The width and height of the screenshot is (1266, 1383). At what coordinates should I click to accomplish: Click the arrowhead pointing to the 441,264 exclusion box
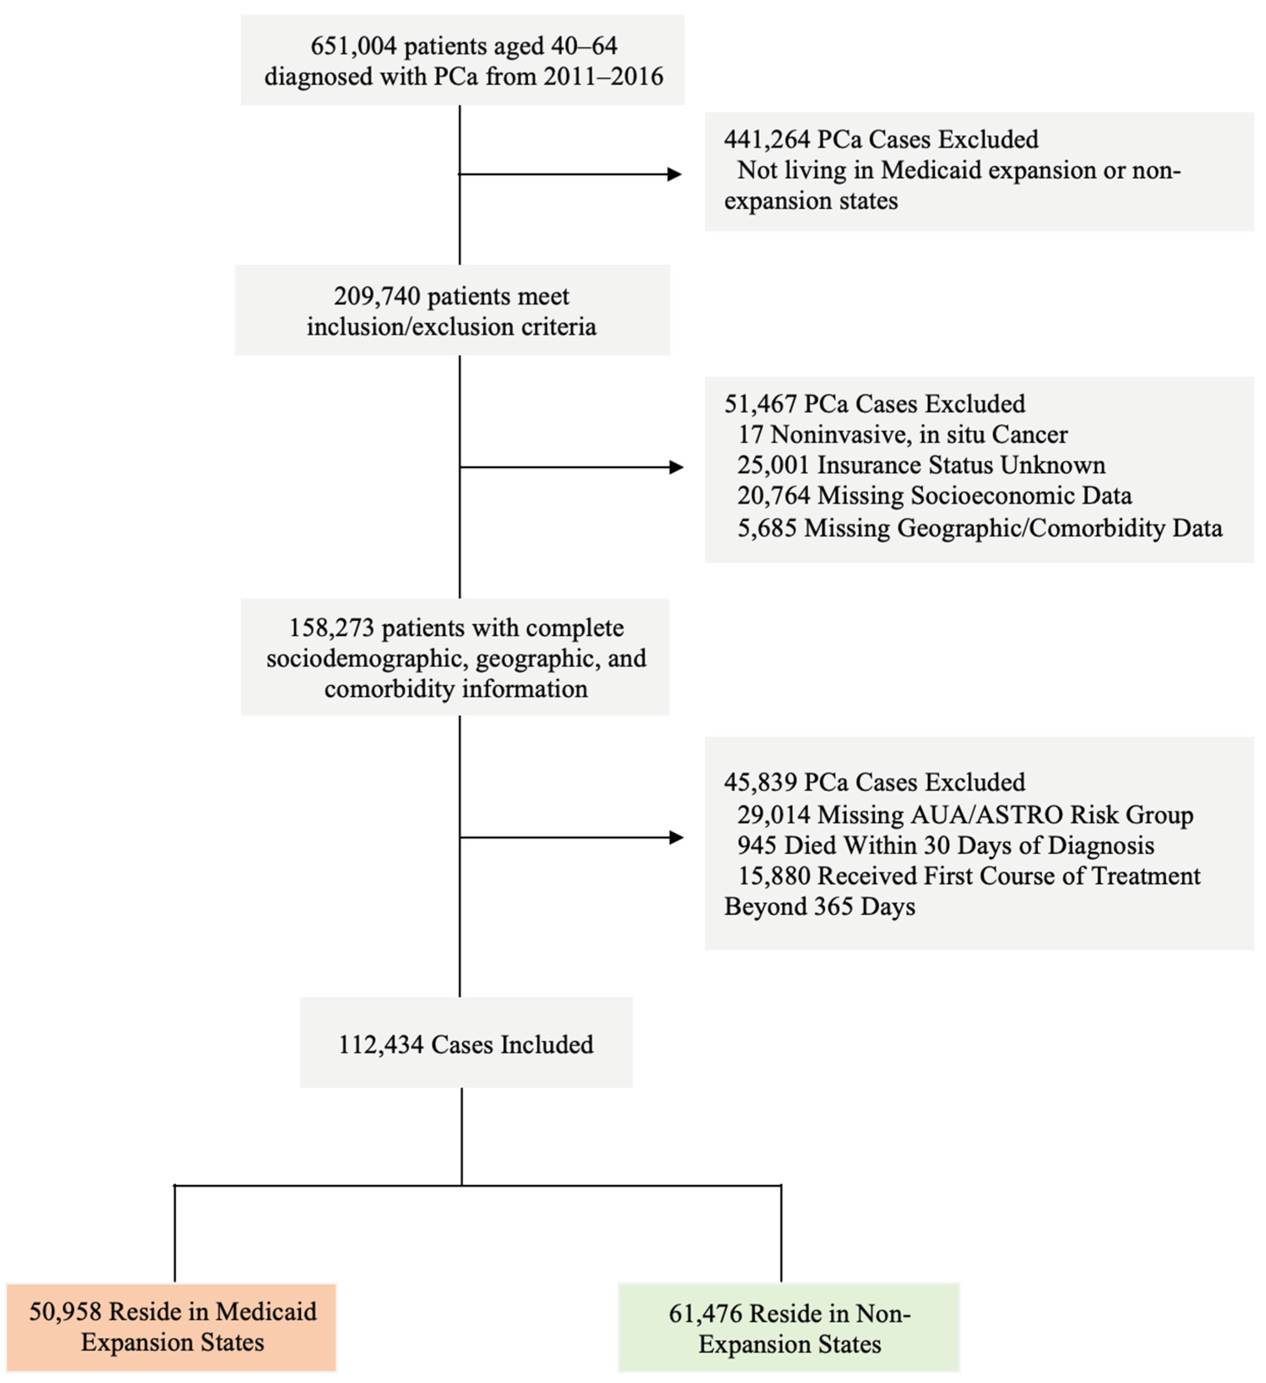click(675, 174)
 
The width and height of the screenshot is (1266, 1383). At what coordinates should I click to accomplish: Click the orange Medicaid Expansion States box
click(172, 1327)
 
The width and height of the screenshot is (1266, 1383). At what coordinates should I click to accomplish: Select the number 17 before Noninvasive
click(750, 434)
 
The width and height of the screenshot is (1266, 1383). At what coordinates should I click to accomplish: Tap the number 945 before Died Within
click(756, 845)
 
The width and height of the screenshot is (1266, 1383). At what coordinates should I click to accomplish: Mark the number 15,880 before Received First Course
click(773, 876)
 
